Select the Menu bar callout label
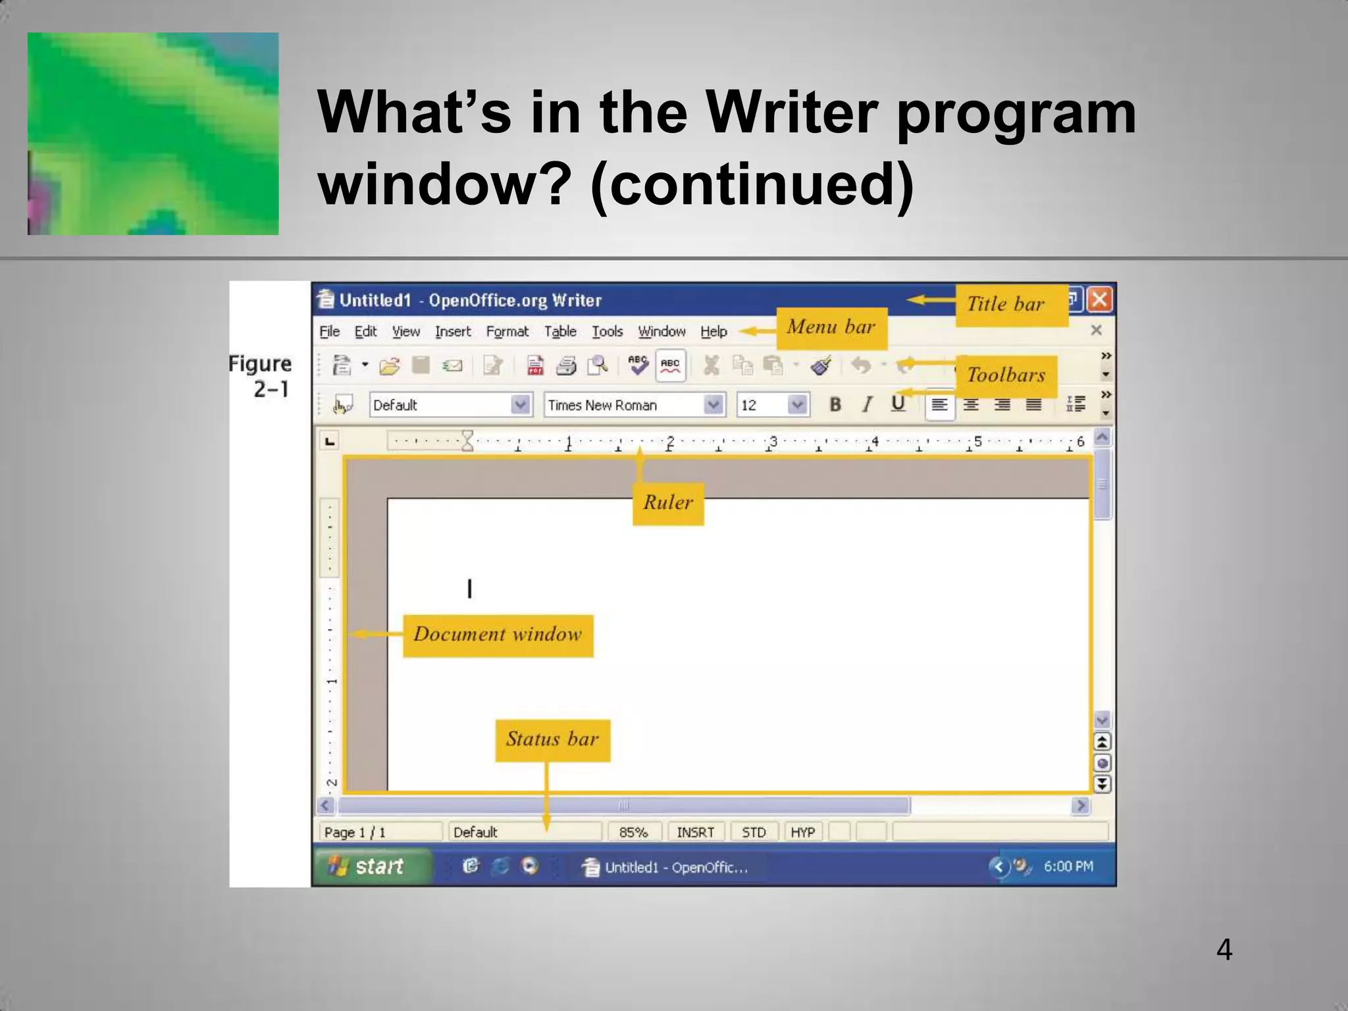pyautogui.click(x=831, y=328)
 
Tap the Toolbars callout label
pyautogui.click(x=1006, y=376)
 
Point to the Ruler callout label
pyautogui.click(x=668, y=504)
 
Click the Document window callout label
pyautogui.click(x=498, y=635)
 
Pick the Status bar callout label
pyautogui.click(x=552, y=740)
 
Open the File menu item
pyautogui.click(x=329, y=332)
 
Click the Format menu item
pyautogui.click(x=507, y=332)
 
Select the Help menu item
pyautogui.click(x=713, y=332)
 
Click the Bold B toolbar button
pyautogui.click(x=835, y=404)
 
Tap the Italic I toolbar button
pyautogui.click(x=868, y=404)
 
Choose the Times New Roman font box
pyautogui.click(x=625, y=405)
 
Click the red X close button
pyautogui.click(x=1099, y=300)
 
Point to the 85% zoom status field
pyautogui.click(x=633, y=832)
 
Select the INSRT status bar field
pyautogui.click(x=695, y=832)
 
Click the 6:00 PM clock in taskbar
pyautogui.click(x=1068, y=866)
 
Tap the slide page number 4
pyautogui.click(x=1224, y=950)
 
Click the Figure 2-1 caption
pyautogui.click(x=261, y=376)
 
